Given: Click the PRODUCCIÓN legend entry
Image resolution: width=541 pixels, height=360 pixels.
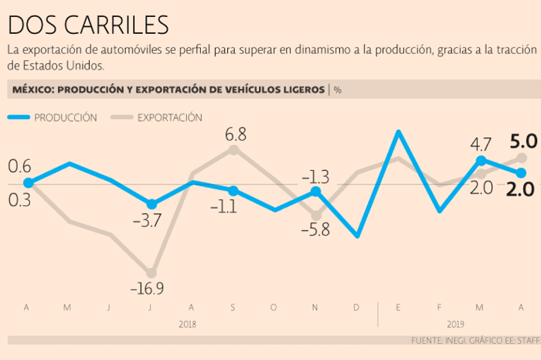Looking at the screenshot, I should point(65,117).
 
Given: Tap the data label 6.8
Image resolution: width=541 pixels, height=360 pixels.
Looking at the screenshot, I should point(236,134).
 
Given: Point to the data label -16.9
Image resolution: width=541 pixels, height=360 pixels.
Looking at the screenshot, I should point(148,290).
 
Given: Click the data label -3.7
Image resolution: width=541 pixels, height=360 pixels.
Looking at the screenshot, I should point(146,221).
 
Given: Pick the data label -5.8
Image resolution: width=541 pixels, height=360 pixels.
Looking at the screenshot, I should point(315,229).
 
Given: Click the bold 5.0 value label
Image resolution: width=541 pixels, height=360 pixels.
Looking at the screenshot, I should point(523,141).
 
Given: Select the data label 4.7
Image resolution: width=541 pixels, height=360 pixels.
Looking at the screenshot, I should point(481,144).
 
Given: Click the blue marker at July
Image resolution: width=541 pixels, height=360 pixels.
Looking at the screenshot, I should point(151,204).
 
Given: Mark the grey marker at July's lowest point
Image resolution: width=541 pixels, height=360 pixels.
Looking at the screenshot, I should point(151,273).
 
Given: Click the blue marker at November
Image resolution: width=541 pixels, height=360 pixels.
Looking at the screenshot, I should point(315,191).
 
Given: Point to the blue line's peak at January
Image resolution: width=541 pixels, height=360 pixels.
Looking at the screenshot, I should point(398,131).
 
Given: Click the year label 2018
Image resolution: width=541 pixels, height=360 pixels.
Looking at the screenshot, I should point(187,324).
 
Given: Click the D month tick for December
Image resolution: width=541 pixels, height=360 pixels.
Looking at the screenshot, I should point(356,308).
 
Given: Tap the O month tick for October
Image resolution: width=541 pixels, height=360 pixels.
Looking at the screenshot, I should point(273,308).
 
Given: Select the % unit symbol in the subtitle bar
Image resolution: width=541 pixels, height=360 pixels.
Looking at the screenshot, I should point(337,90).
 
